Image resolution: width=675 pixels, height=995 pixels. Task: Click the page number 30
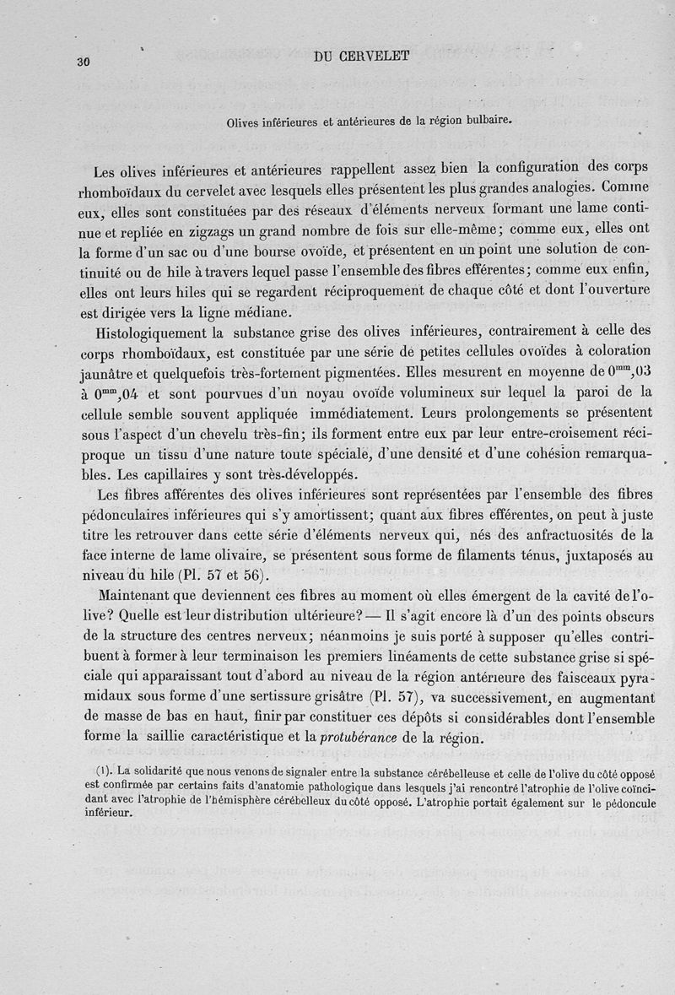83,61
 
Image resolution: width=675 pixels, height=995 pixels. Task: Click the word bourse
251,251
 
